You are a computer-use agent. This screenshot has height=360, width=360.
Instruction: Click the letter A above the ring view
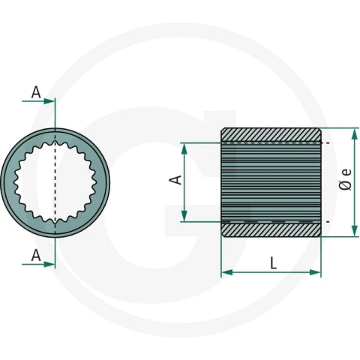[x=36, y=92]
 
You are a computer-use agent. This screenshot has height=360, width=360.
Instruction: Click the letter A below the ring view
[x=36, y=256]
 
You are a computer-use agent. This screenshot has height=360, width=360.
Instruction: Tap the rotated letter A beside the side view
[x=176, y=180]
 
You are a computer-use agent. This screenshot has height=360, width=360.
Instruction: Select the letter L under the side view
[x=274, y=263]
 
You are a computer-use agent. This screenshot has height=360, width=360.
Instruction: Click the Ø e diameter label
[x=346, y=179]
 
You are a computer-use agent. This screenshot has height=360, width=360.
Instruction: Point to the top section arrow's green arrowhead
[x=49, y=101]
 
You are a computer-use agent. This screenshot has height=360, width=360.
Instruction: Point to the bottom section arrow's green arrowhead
[x=49, y=264]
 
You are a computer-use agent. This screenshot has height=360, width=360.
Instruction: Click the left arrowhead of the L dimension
[x=227, y=272]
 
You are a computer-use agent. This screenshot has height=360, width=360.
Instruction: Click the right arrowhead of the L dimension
[x=315, y=272]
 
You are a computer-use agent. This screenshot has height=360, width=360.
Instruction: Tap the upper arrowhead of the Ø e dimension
[x=354, y=134]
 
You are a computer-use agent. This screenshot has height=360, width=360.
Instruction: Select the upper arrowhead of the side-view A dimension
[x=184, y=148]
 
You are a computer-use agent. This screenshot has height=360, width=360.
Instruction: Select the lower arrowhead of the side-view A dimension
[x=184, y=216]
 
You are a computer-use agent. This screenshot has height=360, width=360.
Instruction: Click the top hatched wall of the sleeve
[x=271, y=135]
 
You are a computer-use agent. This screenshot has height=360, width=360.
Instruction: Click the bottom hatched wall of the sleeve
[x=271, y=229]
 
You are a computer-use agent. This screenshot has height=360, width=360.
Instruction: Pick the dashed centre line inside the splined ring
[x=55, y=182]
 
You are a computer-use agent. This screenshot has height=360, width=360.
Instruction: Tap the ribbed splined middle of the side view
[x=271, y=182]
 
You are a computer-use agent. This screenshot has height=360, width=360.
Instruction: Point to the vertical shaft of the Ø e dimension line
[x=354, y=182]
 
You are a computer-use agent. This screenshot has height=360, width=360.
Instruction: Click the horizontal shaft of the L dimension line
[x=271, y=272]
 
